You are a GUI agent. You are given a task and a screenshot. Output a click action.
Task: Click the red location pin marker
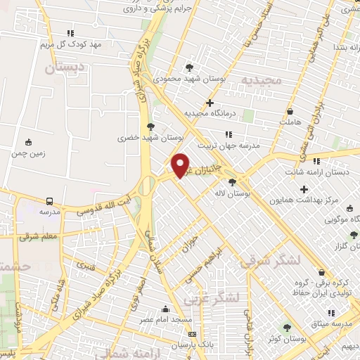pyautogui.click(x=181, y=166)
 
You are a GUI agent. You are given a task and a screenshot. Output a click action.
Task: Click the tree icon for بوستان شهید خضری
pyautogui.click(x=150, y=127)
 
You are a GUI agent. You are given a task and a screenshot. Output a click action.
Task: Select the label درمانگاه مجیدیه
pyautogui.click(x=209, y=112)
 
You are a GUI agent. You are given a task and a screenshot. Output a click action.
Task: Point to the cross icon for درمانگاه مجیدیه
pyautogui.click(x=210, y=103)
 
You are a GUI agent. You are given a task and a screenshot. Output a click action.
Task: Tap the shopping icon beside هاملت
pyautogui.click(x=290, y=112)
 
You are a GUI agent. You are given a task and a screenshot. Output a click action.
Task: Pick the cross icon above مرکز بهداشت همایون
pyautogui.click(x=304, y=189)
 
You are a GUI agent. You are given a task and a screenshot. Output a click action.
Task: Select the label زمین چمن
pyautogui.click(x=28, y=153)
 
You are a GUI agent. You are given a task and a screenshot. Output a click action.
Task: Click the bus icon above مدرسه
pyautogui.click(x=49, y=200)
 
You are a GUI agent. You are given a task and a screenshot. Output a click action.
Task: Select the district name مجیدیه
pyautogui.click(x=262, y=79)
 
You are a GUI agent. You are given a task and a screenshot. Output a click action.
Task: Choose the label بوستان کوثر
pyautogui.click(x=285, y=340)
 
